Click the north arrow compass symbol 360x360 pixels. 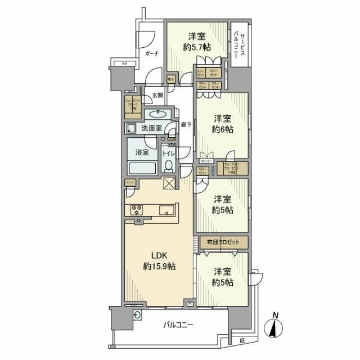coord(274,327)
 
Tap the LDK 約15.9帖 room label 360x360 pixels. coord(159,260)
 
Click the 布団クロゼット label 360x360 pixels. coord(223,242)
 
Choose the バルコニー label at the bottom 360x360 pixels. coord(178,325)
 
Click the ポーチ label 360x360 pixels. coord(150,53)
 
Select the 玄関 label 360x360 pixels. coord(157,96)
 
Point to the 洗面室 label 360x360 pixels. coord(151,128)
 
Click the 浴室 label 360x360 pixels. coord(141,152)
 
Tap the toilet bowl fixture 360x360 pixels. coord(168,164)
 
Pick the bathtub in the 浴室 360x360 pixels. coord(143,168)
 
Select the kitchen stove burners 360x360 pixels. coord(137,210)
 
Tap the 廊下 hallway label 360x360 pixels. coord(186,125)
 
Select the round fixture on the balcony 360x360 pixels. coord(137,316)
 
